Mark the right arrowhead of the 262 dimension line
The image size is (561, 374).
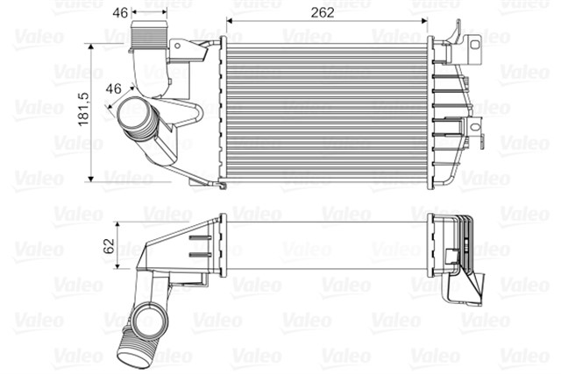[425, 22]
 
